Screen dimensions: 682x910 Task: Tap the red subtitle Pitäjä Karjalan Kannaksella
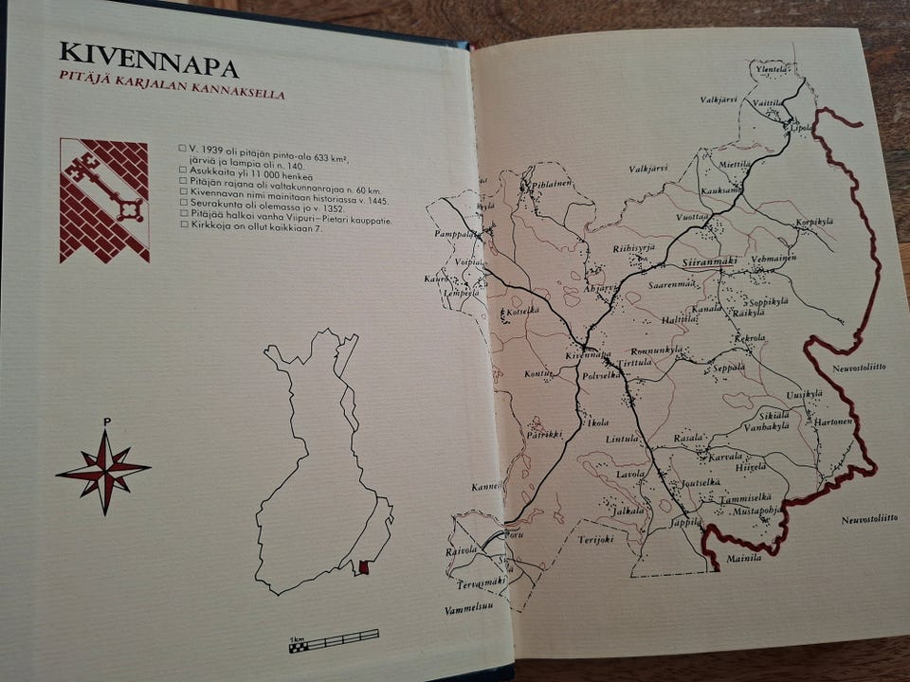click(x=172, y=93)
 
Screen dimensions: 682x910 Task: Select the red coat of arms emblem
click(x=104, y=200)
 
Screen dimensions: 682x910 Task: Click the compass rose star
click(x=103, y=470)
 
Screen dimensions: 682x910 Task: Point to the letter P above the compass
click(x=106, y=422)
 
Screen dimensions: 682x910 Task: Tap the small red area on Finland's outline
click(x=364, y=567)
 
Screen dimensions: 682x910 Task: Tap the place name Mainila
click(x=744, y=559)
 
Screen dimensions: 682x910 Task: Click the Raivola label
click(x=461, y=550)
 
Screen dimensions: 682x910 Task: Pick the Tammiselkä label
click(x=746, y=497)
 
